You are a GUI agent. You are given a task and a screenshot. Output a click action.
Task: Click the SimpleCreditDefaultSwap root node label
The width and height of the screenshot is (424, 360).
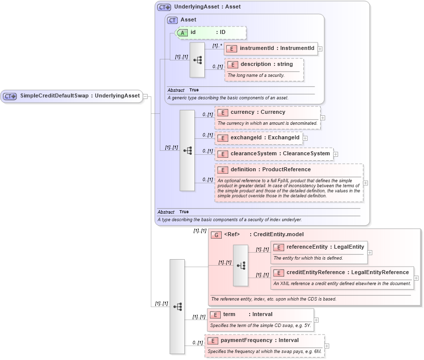click(80, 96)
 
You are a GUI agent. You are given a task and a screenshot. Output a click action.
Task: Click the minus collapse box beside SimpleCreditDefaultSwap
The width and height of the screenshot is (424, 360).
click(145, 96)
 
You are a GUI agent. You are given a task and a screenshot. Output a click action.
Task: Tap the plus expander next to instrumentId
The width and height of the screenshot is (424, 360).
click(320, 49)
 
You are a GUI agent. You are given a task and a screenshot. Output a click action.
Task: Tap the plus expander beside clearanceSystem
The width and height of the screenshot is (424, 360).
click(336, 154)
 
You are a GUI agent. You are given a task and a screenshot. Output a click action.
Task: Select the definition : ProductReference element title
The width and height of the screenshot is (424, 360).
click(270, 170)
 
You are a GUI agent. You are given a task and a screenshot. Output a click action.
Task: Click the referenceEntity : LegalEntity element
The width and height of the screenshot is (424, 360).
click(319, 247)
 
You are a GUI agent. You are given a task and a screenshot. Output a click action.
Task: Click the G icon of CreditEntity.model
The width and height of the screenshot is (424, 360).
click(216, 235)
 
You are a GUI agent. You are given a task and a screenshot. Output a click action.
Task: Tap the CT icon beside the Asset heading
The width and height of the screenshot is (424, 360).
click(172, 20)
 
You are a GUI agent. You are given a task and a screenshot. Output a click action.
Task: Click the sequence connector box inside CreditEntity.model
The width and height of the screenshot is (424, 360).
click(240, 265)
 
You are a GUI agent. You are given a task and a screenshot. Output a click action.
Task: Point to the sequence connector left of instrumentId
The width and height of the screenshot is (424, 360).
click(197, 60)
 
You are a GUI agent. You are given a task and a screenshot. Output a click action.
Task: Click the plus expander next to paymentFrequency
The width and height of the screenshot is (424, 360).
click(327, 346)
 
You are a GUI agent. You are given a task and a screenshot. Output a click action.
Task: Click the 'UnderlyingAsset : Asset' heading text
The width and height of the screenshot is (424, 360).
click(207, 7)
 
